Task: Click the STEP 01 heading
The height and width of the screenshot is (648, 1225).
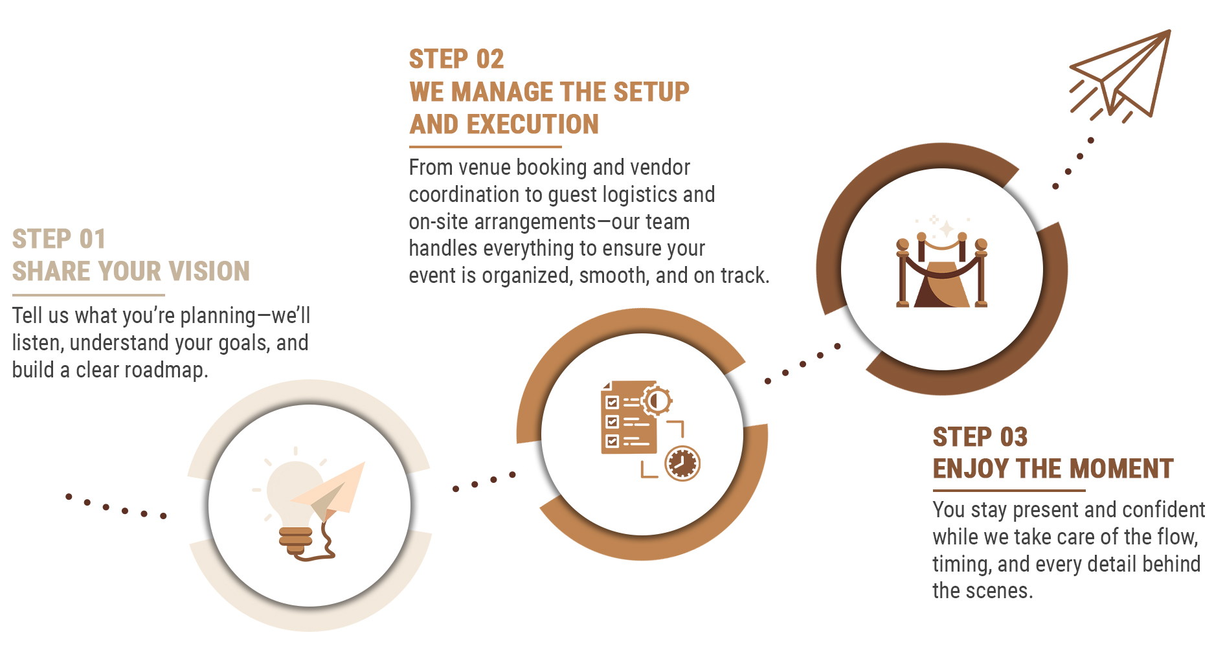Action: (x=59, y=239)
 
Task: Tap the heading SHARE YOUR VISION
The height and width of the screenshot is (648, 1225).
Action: (x=131, y=271)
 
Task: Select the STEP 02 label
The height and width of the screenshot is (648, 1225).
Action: (x=456, y=59)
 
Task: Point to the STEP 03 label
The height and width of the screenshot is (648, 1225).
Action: (x=980, y=437)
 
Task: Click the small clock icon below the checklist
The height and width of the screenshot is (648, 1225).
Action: (x=682, y=464)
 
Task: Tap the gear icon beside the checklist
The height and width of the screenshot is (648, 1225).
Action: (x=657, y=401)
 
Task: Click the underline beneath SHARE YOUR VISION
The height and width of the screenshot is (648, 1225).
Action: (x=89, y=295)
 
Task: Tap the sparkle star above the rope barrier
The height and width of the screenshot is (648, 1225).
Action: (x=947, y=229)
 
